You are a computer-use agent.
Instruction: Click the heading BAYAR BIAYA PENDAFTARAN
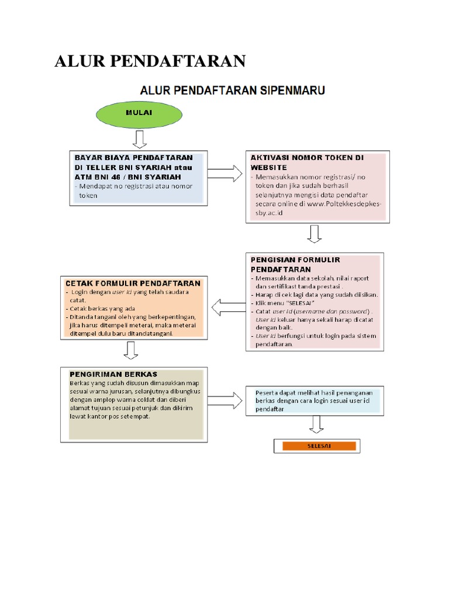(133, 158)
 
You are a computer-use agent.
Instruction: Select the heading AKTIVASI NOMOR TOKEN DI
(307, 158)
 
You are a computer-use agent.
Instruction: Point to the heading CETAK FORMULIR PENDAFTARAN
(134, 283)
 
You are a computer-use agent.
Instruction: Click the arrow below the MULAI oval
(139, 140)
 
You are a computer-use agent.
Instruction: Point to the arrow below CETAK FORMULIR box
(131, 350)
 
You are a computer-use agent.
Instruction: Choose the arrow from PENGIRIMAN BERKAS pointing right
(225, 401)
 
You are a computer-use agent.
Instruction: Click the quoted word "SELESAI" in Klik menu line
(299, 303)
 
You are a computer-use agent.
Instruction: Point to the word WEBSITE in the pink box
(270, 166)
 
